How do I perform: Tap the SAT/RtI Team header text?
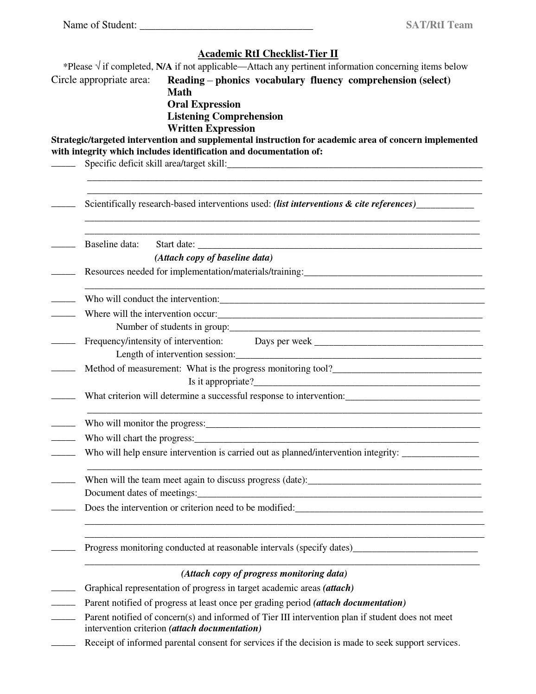[x=439, y=25]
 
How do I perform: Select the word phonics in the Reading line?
[x=232, y=80]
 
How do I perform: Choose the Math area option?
[x=179, y=92]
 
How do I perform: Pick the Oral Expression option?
[x=204, y=104]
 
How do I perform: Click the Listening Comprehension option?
[x=225, y=116]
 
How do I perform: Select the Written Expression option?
[x=211, y=129]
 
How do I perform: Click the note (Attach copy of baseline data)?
[x=213, y=258]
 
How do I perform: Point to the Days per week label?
[x=283, y=341]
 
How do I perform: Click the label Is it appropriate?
[x=221, y=382]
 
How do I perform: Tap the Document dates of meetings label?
[x=140, y=493]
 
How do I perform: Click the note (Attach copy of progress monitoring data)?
[x=264, y=574]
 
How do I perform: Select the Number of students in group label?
[x=172, y=327]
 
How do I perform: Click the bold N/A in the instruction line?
[x=164, y=67]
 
